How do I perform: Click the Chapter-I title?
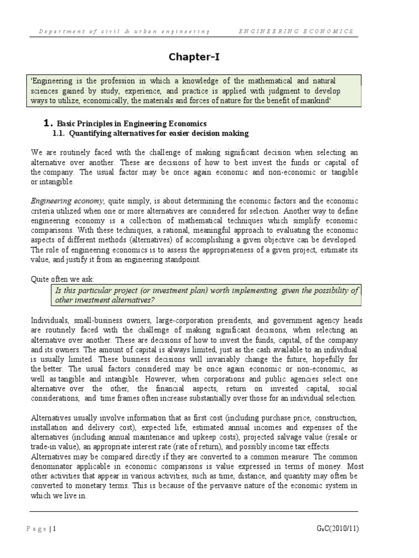pyautogui.click(x=194, y=57)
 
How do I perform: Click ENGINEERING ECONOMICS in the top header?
pyautogui.click(x=296, y=32)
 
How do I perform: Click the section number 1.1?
pyautogui.click(x=58, y=134)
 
